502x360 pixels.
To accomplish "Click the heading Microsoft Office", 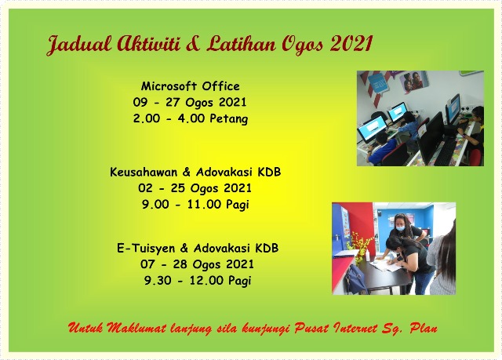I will [191, 86].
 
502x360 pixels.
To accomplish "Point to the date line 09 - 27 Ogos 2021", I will [191, 103].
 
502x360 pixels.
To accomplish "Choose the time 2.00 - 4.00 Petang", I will [191, 119].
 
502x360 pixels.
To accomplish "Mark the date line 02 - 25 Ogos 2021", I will [195, 188].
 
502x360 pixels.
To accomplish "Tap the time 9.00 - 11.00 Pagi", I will [195, 205].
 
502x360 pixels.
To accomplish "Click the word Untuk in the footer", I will [86, 327].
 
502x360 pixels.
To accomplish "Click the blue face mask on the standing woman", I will [400, 228].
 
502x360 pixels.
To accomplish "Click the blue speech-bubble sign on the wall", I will [379, 82].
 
